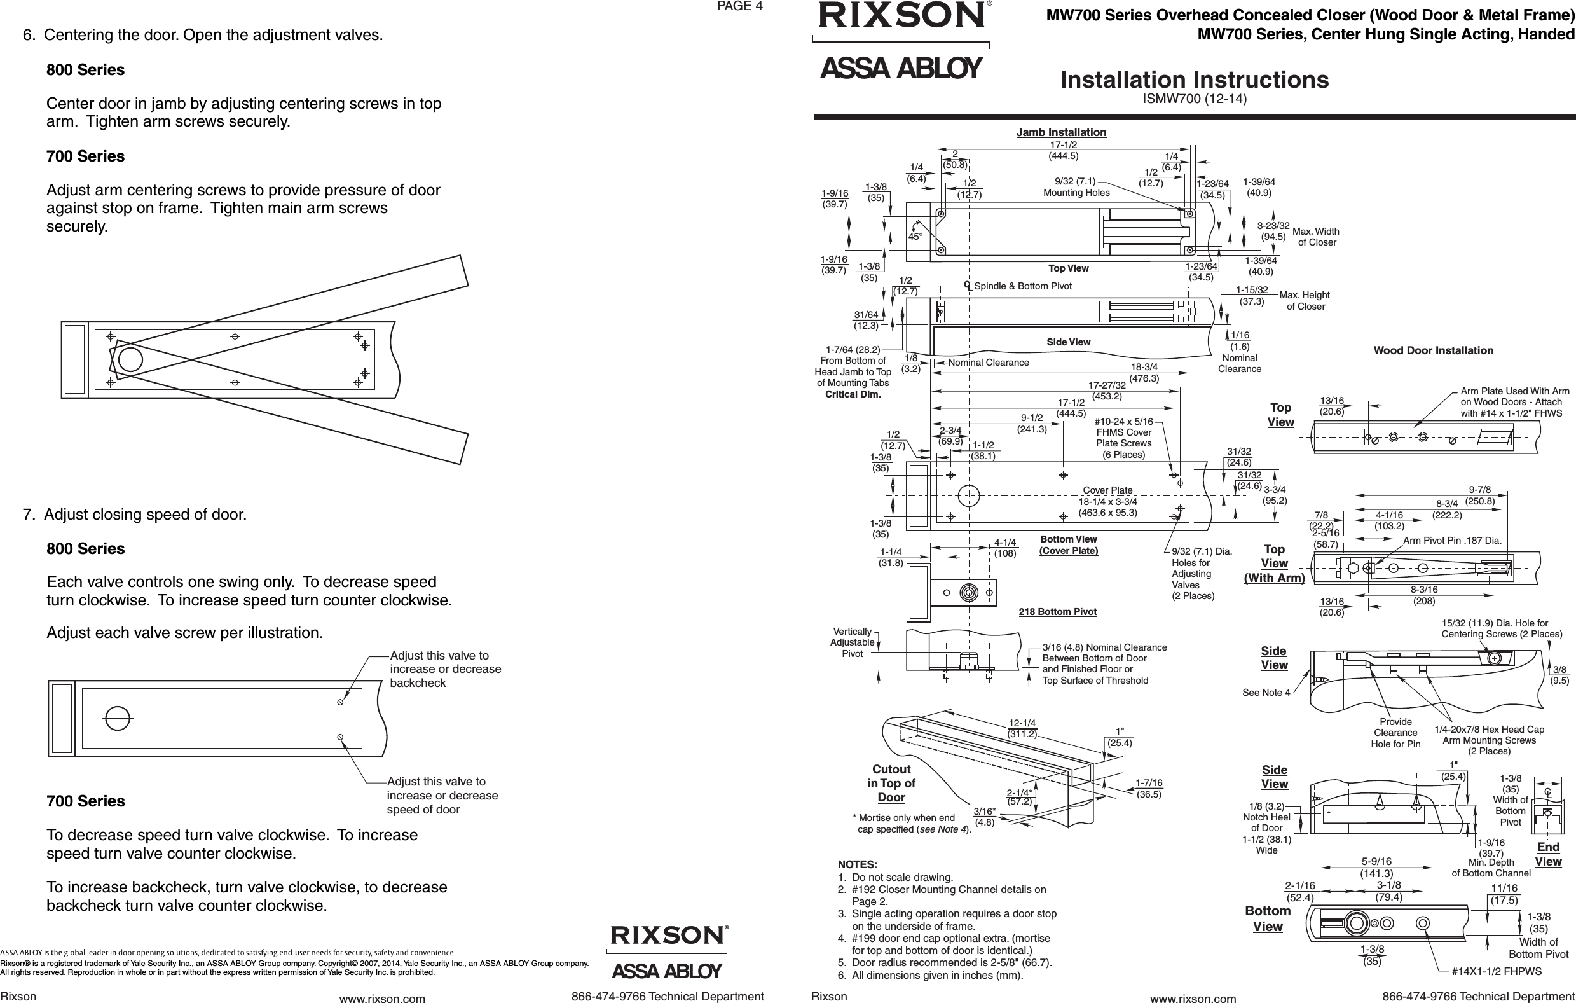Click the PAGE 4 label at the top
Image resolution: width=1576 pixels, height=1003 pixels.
739,6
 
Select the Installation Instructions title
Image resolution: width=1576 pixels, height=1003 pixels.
1195,80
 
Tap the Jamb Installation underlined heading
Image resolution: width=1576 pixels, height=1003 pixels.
1061,132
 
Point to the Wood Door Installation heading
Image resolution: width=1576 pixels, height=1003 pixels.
1434,350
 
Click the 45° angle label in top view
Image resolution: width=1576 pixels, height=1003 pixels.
915,237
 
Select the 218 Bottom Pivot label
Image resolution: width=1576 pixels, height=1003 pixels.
1058,611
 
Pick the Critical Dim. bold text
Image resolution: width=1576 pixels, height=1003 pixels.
853,394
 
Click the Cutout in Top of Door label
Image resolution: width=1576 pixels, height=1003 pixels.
891,783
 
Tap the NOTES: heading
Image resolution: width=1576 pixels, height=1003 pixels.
858,865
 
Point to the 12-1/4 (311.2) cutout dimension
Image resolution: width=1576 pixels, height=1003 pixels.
1022,728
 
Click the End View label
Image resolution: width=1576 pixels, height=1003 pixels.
1548,854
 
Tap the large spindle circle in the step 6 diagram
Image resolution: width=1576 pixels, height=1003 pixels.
130,359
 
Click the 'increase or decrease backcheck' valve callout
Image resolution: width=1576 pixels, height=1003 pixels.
445,669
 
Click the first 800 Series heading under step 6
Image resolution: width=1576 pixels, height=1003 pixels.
85,70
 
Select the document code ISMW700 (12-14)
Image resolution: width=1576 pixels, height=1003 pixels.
1195,99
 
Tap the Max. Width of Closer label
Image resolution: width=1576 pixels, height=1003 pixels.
1315,237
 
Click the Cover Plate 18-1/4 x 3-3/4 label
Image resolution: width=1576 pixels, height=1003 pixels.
1107,501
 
